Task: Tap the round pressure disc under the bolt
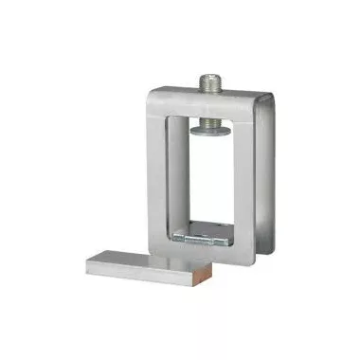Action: coord(210,123)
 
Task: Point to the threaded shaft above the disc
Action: coord(210,109)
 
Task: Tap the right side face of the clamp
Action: coord(268,180)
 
